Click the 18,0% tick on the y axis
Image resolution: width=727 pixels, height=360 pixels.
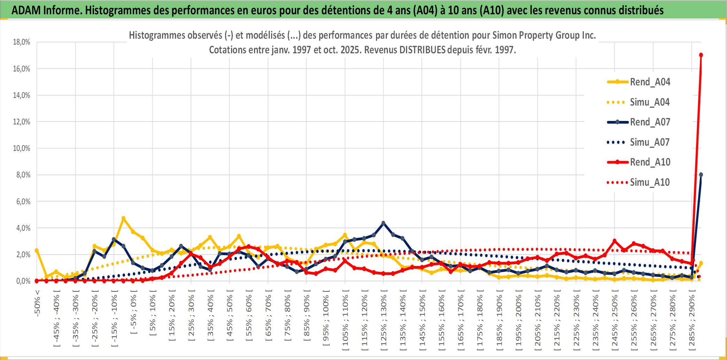tap(22, 42)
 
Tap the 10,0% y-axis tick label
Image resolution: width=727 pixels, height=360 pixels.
tap(22, 148)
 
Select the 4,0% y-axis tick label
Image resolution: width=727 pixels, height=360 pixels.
tap(23, 228)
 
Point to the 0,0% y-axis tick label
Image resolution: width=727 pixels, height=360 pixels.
tap(23, 281)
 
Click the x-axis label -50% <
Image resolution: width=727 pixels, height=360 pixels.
tap(37, 302)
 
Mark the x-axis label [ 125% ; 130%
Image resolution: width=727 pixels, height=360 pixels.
tap(383, 321)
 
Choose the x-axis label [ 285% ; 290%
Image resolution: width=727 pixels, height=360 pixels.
tap(691, 321)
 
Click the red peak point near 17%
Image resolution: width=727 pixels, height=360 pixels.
tap(701, 55)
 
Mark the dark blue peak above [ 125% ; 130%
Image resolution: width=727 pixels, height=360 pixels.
tap(383, 223)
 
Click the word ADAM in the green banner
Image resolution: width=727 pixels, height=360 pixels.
tap(26, 10)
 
